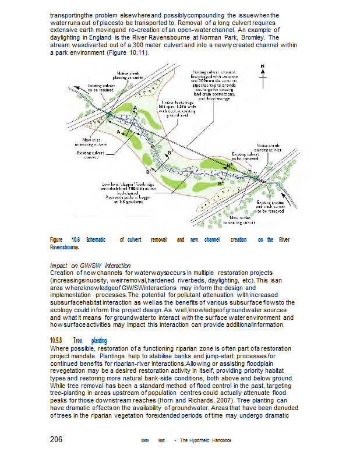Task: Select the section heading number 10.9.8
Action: (57, 340)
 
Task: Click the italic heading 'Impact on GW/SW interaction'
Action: (90, 266)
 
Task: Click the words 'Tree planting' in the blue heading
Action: (90, 340)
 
